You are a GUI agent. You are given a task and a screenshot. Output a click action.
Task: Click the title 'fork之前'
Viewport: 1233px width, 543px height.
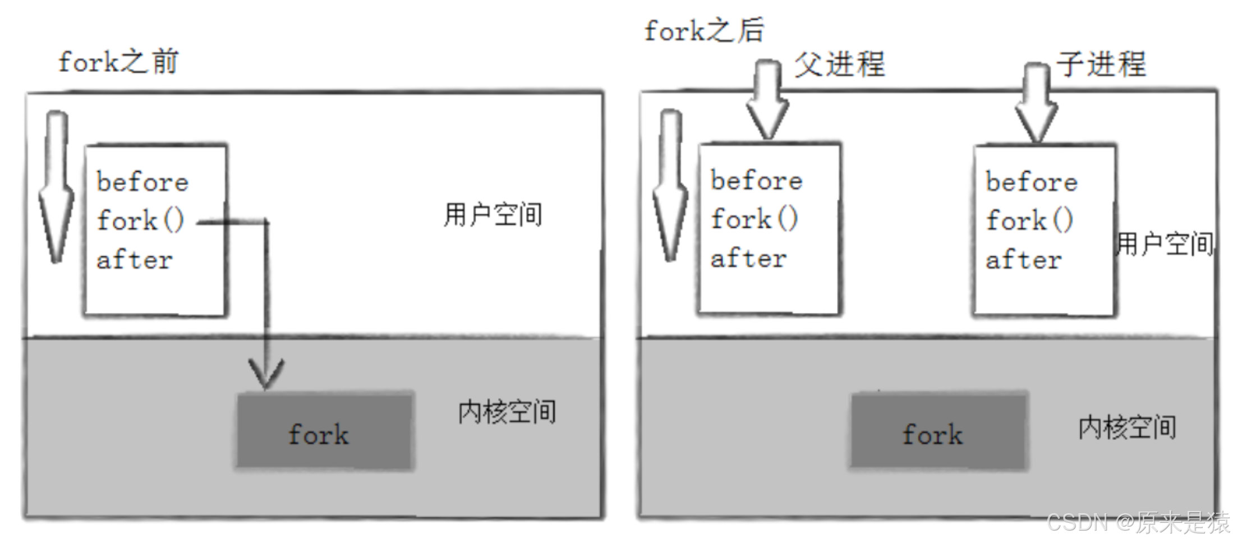coord(118,62)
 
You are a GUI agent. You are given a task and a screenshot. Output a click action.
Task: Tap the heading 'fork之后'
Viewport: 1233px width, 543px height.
coord(703,30)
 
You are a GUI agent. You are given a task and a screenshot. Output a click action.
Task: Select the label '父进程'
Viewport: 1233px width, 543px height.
coord(839,64)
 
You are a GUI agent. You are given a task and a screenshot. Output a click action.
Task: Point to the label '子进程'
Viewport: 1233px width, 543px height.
coord(1101,64)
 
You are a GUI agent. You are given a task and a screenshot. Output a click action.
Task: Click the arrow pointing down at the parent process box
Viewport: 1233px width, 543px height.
coord(767,99)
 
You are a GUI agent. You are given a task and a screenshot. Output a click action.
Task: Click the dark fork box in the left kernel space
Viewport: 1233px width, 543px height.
coord(324,431)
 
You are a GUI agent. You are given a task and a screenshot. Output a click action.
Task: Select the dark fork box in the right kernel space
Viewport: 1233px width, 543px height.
coord(938,431)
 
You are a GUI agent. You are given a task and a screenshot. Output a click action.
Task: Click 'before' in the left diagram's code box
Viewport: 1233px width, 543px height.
coord(142,182)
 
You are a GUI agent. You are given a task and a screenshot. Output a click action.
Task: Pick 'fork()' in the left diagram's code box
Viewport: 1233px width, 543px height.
coord(140,220)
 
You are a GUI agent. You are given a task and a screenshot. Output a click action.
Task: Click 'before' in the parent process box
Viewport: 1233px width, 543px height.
coord(757,181)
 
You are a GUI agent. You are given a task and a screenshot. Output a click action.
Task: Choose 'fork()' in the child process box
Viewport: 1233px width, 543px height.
coord(1030,220)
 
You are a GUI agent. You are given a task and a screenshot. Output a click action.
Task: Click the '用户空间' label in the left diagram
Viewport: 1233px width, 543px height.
coord(493,215)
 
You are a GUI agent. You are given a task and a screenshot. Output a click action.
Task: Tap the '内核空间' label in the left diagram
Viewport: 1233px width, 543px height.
coord(507,412)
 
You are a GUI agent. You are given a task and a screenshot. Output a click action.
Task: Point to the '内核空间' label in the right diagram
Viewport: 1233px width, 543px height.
coord(1127,428)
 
